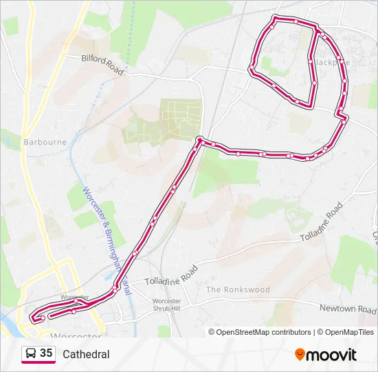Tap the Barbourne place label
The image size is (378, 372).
[x=45, y=142]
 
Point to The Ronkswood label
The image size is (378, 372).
[x=238, y=290]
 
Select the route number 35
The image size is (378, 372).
[x=46, y=353]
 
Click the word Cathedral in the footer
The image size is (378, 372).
[x=86, y=354]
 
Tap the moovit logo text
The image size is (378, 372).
[x=331, y=355]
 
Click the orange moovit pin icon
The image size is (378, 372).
[x=300, y=354]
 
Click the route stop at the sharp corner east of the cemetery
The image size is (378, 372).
[x=199, y=140]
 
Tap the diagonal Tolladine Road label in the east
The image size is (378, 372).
[x=321, y=223]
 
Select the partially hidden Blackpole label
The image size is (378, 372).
[x=333, y=62]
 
